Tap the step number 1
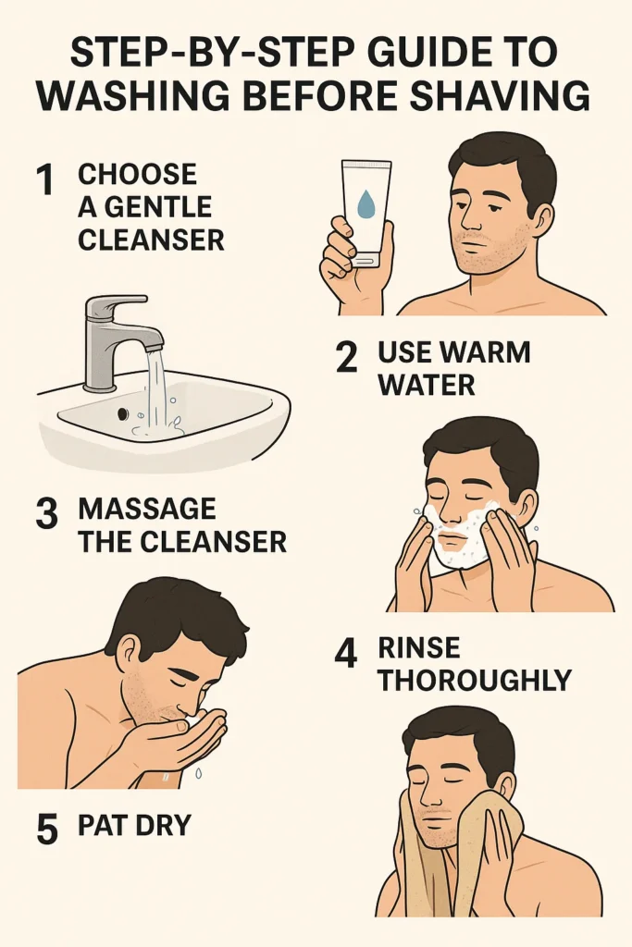click(45, 179)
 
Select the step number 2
click(345, 358)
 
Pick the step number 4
click(345, 654)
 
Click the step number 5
click(47, 830)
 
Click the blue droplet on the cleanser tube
click(365, 204)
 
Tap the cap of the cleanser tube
click(365, 260)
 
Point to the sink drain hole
click(123, 413)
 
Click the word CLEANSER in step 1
click(151, 240)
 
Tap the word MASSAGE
click(147, 509)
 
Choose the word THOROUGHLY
click(475, 681)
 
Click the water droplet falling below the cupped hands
click(198, 772)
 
